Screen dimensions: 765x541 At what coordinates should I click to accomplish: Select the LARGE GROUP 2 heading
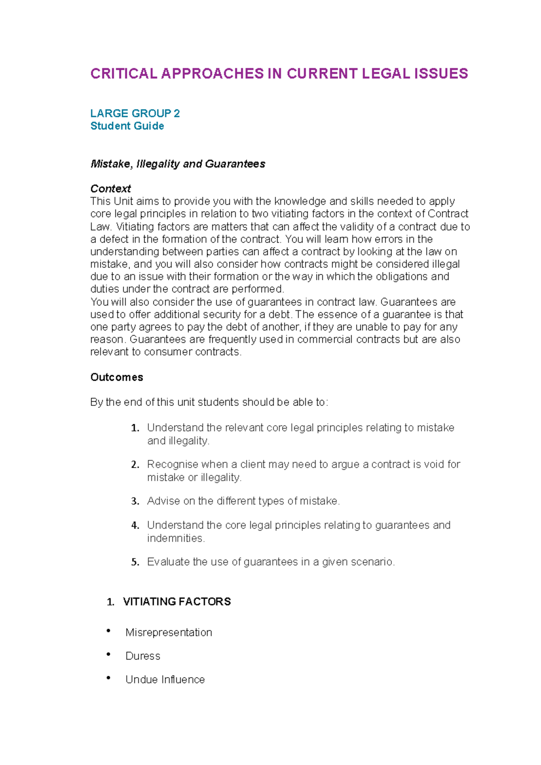coord(135,113)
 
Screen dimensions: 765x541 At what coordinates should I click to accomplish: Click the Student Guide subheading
coord(127,126)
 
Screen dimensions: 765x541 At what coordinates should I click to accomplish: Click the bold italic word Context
coord(110,188)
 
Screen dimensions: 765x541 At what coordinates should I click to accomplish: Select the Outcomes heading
coord(116,377)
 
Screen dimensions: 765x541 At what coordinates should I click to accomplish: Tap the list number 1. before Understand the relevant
coord(135,428)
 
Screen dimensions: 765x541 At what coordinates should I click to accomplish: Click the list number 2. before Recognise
coord(135,464)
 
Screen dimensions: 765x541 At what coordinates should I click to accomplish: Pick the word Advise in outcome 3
coord(163,501)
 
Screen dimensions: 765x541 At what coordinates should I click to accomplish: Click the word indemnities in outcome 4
coord(175,538)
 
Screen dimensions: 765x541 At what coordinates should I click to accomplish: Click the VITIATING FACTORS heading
coord(177,601)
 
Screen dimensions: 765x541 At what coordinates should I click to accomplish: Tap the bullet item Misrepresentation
coord(169,632)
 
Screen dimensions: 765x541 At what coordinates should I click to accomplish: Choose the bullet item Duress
coord(142,656)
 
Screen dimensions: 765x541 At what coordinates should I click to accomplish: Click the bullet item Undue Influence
coord(165,679)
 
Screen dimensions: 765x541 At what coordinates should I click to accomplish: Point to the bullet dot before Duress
coord(109,654)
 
